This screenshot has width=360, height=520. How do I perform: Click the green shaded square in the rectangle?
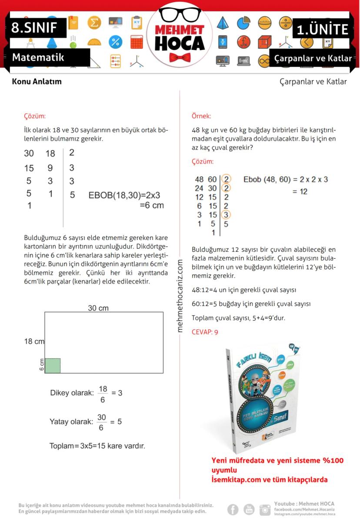[x=52, y=366]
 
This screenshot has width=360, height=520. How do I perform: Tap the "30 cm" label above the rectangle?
[x=98, y=308]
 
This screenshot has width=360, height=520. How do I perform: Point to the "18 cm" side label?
[x=34, y=341]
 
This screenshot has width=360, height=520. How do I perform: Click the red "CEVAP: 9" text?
[x=205, y=332]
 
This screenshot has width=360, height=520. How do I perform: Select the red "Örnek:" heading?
[x=201, y=116]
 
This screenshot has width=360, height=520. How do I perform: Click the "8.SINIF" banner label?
[x=34, y=28]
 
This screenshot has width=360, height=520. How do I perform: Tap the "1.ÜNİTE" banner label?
[x=323, y=29]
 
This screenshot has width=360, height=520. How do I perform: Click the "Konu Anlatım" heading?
[x=37, y=81]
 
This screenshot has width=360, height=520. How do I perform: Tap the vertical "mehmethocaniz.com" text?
[x=180, y=296]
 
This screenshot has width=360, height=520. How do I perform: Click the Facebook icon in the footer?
[x=233, y=509]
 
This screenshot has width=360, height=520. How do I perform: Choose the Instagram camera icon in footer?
[x=265, y=509]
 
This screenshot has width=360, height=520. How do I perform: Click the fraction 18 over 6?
[x=103, y=393]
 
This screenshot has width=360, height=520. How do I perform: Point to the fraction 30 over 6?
[x=101, y=422]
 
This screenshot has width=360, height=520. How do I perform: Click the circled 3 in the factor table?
[x=226, y=214]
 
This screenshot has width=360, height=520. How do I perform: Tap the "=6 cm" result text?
[x=151, y=205]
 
